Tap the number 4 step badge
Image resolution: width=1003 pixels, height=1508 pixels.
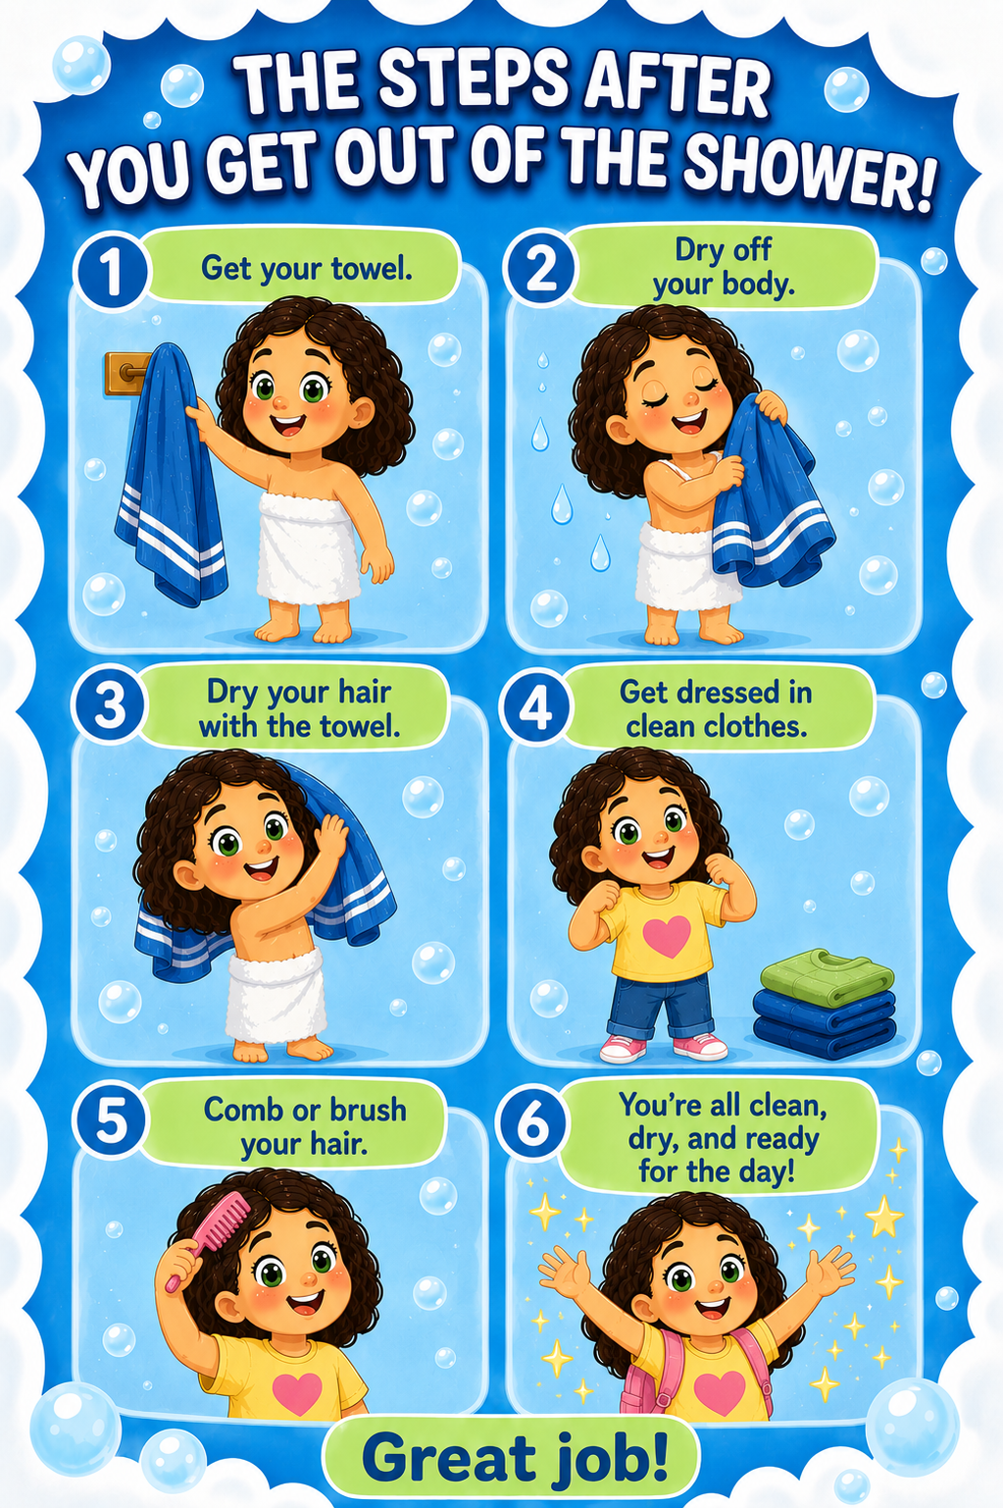pyautogui.click(x=535, y=709)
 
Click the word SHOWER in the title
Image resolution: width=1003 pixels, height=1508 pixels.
pyautogui.click(x=807, y=174)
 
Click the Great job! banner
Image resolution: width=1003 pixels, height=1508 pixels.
pyautogui.click(x=511, y=1458)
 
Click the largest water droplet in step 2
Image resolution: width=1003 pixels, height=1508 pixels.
pyautogui.click(x=562, y=505)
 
